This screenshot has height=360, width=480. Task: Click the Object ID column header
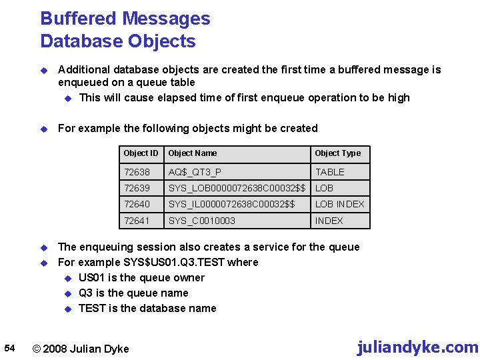tap(141, 153)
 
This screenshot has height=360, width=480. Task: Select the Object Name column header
tap(193, 153)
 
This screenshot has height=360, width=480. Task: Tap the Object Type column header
tap(337, 153)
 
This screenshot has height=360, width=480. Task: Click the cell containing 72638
tap(137, 172)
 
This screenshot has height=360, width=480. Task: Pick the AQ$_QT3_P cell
tap(195, 172)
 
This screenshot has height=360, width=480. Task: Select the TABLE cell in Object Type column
tap(330, 172)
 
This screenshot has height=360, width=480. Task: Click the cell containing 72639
tap(137, 188)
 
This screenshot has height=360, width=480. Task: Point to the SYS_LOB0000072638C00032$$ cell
tap(237, 188)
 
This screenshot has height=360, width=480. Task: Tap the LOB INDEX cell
tap(340, 204)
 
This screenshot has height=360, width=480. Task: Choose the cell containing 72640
tap(137, 204)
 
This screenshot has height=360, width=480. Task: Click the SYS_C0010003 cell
tap(202, 221)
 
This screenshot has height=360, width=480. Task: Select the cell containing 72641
tap(137, 221)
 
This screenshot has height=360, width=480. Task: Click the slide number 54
tap(9, 348)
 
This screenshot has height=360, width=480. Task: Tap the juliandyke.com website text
tap(417, 347)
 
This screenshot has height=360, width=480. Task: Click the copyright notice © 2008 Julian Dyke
tap(81, 349)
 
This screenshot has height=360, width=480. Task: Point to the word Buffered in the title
tap(81, 19)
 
